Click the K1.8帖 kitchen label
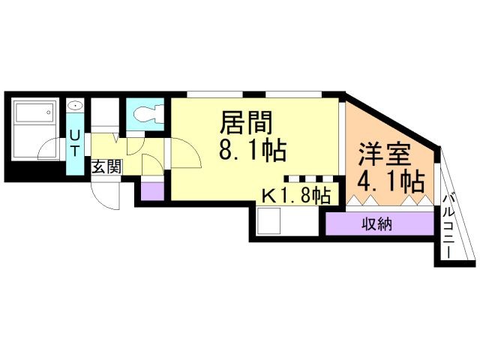(295, 196)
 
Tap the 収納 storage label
(379, 223)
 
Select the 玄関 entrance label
(106, 166)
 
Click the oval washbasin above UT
(75, 106)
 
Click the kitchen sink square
(269, 220)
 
